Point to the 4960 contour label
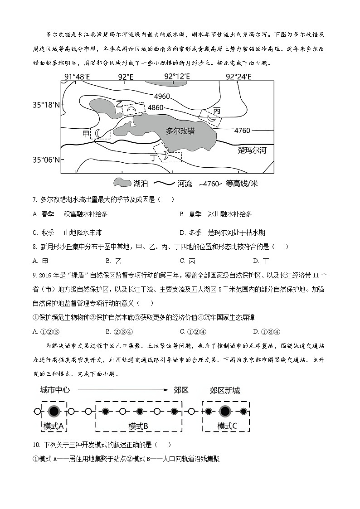pos(162,96)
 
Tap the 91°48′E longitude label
pos(77,77)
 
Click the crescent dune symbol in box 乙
pos(131,109)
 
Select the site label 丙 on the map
pos(217,111)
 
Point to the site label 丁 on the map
pos(153,157)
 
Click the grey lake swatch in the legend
pos(122,183)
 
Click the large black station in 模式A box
pos(54,412)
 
